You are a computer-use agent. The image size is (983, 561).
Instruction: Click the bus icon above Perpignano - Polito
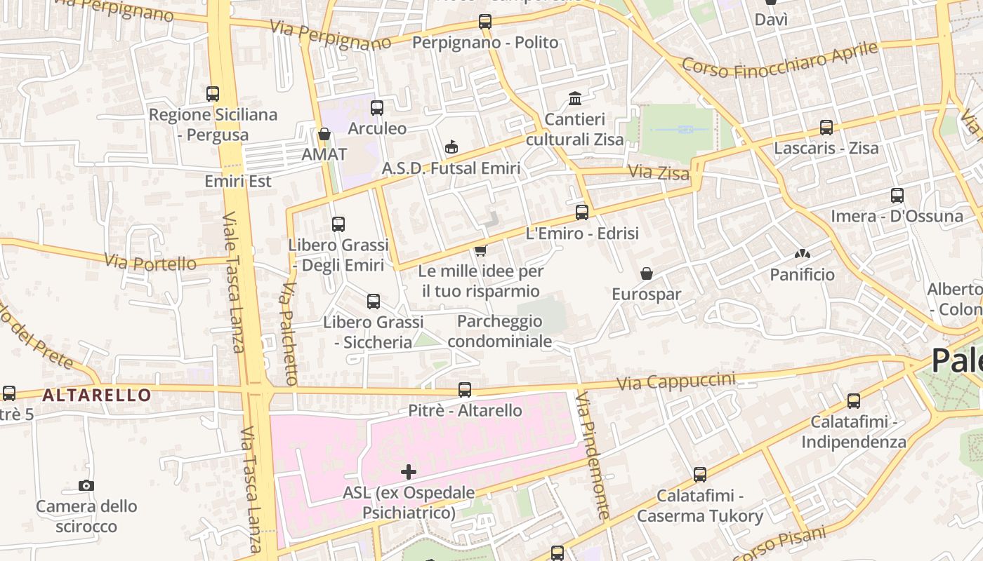[485, 22]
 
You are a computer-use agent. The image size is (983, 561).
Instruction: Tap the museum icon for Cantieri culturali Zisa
[575, 98]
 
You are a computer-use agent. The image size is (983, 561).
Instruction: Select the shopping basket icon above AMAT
[324, 134]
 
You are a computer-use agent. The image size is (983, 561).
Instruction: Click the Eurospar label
[646, 295]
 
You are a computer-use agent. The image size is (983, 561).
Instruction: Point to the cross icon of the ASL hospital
[409, 472]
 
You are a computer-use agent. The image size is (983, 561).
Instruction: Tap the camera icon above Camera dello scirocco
[86, 485]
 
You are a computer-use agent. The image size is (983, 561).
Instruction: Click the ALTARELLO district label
[96, 395]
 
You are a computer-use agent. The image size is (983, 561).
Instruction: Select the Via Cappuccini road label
[676, 381]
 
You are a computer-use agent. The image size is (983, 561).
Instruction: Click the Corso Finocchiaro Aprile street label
[779, 60]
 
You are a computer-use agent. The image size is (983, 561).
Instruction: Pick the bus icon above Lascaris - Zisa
[826, 128]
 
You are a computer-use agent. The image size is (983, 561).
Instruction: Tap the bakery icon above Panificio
[802, 254]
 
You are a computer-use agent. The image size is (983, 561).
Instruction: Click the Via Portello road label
[150, 263]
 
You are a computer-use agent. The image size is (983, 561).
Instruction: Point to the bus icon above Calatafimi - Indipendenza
[854, 401]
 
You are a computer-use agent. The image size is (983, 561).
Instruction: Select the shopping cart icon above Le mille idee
[481, 250]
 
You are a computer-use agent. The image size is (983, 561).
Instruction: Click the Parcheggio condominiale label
[499, 331]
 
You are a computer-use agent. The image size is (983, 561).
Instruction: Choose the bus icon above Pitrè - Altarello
[465, 390]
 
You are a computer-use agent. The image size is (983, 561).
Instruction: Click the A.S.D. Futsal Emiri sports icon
[451, 147]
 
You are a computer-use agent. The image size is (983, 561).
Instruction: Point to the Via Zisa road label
[658, 172]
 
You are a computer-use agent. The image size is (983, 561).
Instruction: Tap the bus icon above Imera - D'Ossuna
[897, 196]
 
